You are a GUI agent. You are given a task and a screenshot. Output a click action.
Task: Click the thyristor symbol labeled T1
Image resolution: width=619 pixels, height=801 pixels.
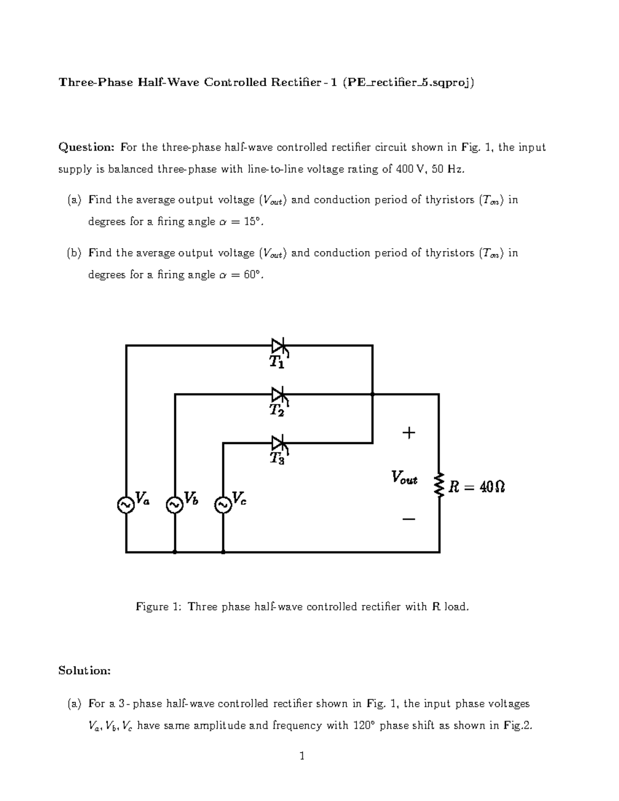(279, 346)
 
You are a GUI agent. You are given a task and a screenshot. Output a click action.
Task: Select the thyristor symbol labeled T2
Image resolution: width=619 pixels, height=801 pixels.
(279, 395)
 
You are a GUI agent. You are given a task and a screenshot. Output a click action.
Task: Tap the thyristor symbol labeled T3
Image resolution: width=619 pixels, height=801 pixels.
(279, 443)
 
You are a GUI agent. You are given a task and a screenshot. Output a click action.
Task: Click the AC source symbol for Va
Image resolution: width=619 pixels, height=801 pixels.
(125, 505)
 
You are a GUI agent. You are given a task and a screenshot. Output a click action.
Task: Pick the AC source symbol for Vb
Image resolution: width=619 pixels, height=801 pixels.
(174, 505)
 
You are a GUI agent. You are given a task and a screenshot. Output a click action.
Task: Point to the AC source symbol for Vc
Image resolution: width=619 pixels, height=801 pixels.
(223, 505)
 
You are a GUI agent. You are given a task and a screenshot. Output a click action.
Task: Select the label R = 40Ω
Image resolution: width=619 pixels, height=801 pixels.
(477, 486)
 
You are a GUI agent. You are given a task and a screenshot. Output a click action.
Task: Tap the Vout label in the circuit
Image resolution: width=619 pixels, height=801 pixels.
(404, 477)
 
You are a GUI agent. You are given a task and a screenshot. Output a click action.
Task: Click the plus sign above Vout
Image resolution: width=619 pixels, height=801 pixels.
(409, 432)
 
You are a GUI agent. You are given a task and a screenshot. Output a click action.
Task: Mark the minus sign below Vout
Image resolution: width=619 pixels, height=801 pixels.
(409, 519)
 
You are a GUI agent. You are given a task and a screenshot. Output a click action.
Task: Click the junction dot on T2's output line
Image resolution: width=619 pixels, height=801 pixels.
(372, 394)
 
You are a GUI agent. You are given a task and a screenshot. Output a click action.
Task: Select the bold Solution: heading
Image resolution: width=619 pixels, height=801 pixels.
(84, 671)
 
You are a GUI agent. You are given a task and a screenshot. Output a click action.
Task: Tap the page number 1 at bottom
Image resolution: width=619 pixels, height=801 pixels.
(302, 756)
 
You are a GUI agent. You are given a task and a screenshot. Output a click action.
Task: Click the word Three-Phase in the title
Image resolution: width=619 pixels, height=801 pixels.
(95, 82)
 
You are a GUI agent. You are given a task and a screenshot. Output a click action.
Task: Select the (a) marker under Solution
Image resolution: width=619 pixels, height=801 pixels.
(74, 704)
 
